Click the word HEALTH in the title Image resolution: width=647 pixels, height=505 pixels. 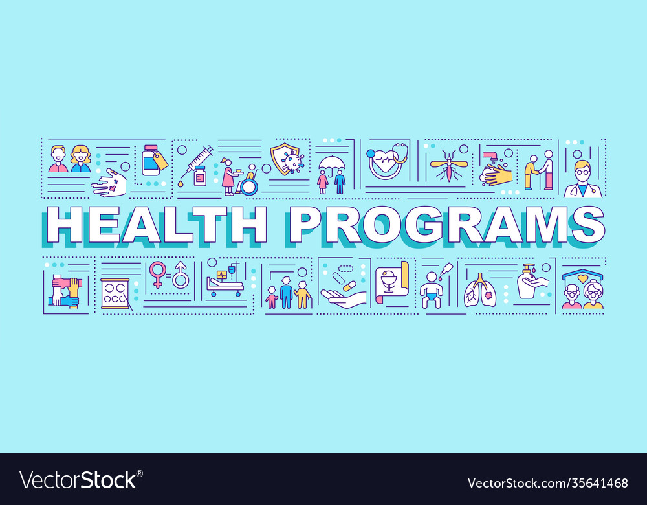tap(157, 225)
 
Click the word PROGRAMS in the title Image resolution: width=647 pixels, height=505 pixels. tap(447, 225)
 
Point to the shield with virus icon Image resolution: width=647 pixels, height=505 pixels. tap(287, 159)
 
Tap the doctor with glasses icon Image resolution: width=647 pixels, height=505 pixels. tap(584, 179)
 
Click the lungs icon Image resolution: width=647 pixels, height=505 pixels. tap(480, 289)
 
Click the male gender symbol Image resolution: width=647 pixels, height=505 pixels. tap(181, 275)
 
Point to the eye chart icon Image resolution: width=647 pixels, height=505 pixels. tap(115, 293)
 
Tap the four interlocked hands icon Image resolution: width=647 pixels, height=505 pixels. tap(65, 291)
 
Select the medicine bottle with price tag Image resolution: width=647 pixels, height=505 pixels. tap(155, 160)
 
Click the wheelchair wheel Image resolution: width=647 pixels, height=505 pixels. tap(249, 186)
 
